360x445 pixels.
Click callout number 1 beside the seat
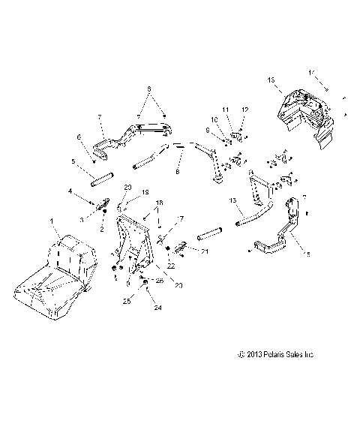(51, 221)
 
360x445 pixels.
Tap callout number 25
(139, 302)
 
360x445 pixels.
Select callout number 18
(157, 204)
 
